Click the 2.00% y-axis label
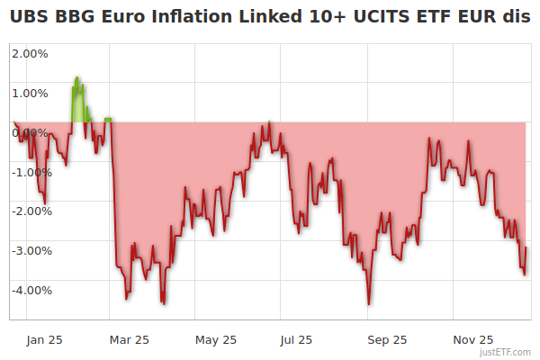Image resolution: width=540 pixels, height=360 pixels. pyautogui.click(x=31, y=53)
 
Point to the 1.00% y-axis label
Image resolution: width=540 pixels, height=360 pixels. pyautogui.click(x=31, y=93)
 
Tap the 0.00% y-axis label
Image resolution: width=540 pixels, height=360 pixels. pyautogui.click(x=31, y=132)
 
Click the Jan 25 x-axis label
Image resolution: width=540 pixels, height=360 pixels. pyautogui.click(x=44, y=340)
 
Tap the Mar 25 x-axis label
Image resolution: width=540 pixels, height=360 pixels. pyautogui.click(x=129, y=340)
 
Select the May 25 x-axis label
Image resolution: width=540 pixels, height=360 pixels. pyautogui.click(x=216, y=340)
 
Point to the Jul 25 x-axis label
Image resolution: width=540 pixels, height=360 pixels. pyautogui.click(x=296, y=340)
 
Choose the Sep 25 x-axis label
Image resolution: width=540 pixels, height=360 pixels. pyautogui.click(x=388, y=340)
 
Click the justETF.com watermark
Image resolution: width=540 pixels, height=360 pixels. pyautogui.click(x=507, y=353)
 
